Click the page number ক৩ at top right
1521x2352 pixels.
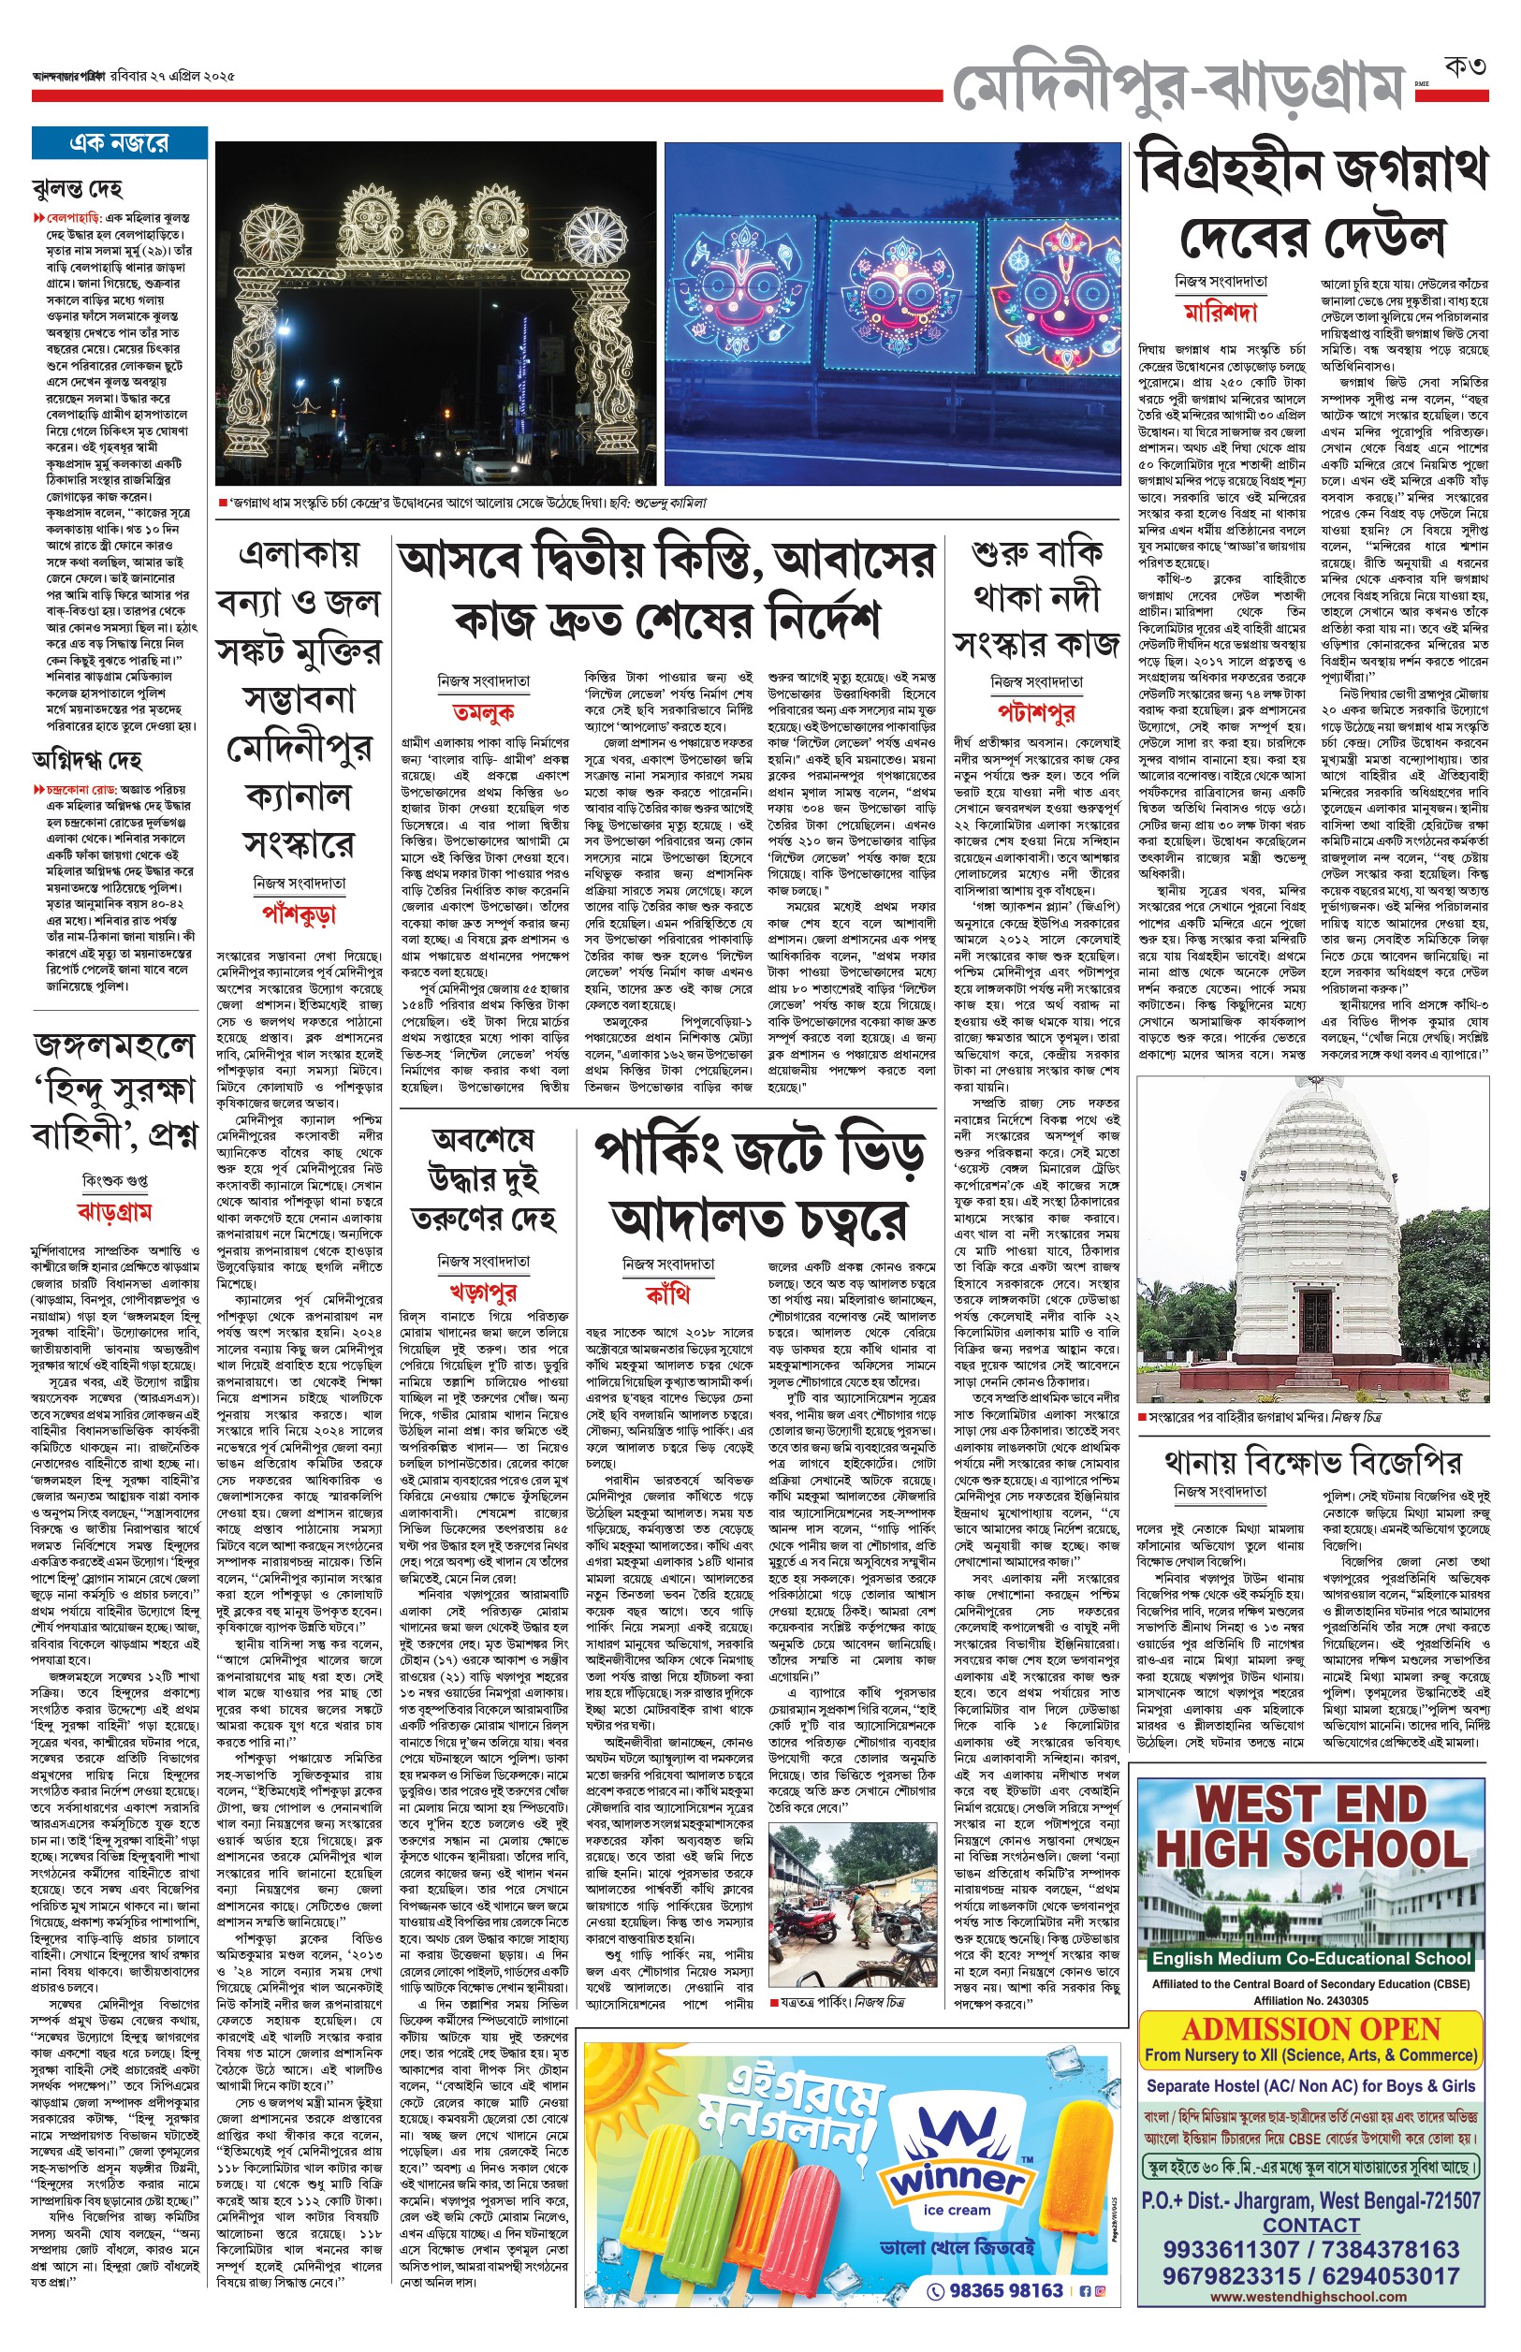click(1465, 67)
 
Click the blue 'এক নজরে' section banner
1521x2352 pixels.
click(119, 143)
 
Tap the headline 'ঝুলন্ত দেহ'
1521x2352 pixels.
click(78, 187)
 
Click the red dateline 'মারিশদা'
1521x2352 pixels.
click(1221, 313)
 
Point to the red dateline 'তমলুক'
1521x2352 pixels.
click(483, 711)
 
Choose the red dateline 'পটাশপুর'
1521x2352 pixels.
click(1036, 712)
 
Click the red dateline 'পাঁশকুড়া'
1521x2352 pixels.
click(300, 913)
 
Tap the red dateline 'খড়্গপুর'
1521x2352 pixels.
click(483, 1291)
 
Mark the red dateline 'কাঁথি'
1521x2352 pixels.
click(667, 1293)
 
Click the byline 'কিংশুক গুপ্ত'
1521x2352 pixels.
click(114, 1180)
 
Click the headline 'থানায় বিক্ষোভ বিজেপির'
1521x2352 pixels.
click(1312, 1460)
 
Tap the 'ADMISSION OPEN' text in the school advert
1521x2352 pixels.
click(1310, 2028)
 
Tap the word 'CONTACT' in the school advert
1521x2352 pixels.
click(1310, 2224)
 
